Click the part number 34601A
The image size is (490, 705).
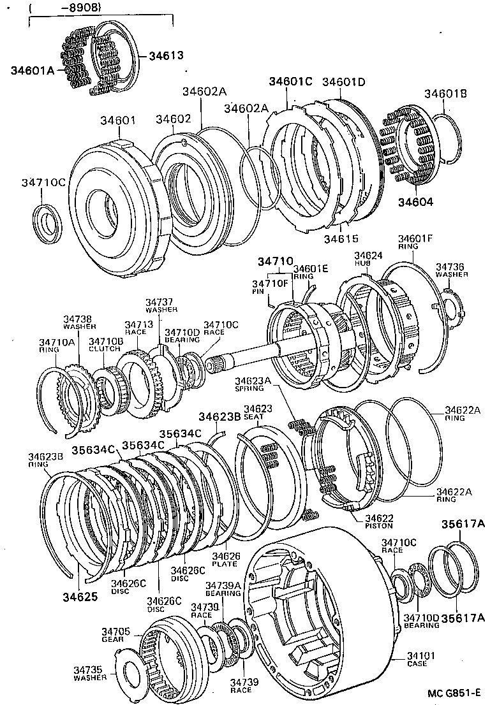point(33,71)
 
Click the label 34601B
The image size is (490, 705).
point(446,94)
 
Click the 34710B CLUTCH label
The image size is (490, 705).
point(104,345)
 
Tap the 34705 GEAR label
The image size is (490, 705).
point(115,635)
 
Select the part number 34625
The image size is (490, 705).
point(80,597)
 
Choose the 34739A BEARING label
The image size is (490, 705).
point(223,589)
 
